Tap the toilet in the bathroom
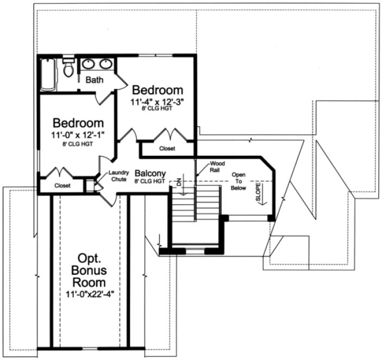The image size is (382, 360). tap(68, 69)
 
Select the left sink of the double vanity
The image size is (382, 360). tap(88, 64)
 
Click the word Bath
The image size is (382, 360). tap(95, 80)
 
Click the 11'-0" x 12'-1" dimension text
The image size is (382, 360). tap(78, 134)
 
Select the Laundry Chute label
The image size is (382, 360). tap(118, 175)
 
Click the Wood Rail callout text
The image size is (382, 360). tap(218, 166)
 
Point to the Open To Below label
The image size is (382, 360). tap(239, 182)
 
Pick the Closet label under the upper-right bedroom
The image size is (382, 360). tap(167, 148)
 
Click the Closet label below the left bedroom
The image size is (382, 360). tap(62, 185)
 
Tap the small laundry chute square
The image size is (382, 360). tap(90, 185)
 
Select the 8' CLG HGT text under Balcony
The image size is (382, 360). tap(150, 181)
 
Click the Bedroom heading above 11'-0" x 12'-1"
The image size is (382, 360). tap(78, 123)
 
